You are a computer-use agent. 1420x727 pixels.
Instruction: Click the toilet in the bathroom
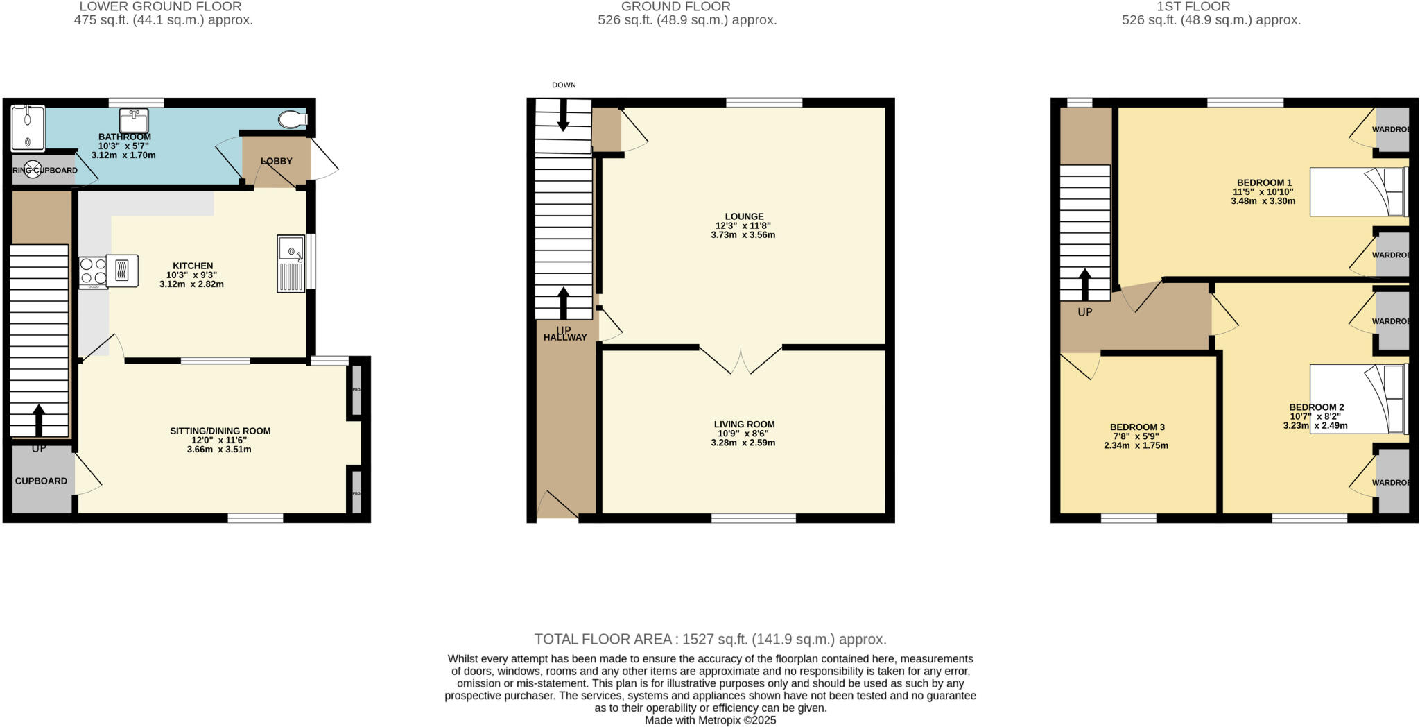(292, 119)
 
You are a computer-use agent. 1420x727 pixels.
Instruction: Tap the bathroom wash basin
(132, 121)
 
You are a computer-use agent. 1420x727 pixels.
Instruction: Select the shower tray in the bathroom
(28, 128)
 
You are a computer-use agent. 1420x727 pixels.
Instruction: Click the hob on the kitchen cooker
(93, 271)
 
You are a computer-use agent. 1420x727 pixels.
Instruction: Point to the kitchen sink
(291, 264)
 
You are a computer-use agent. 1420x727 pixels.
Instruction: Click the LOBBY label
(277, 161)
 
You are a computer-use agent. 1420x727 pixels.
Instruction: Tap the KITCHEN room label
(193, 266)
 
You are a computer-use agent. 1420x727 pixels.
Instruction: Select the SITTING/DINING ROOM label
(220, 431)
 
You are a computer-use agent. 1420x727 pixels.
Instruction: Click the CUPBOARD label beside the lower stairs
(41, 481)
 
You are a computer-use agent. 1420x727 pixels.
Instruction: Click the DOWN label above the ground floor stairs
(564, 85)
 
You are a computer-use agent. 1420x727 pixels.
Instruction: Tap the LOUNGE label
(744, 216)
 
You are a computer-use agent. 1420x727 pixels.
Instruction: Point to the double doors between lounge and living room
(741, 360)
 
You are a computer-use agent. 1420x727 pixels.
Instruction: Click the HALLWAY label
(565, 337)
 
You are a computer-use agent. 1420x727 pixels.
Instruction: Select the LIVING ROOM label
(744, 424)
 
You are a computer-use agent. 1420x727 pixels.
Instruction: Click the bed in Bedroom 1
(1358, 192)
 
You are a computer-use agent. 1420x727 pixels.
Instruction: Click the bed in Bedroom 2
(1358, 399)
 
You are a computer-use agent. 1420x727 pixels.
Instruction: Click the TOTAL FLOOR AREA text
(710, 639)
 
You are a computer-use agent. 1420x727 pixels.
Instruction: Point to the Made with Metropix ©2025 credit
(710, 720)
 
